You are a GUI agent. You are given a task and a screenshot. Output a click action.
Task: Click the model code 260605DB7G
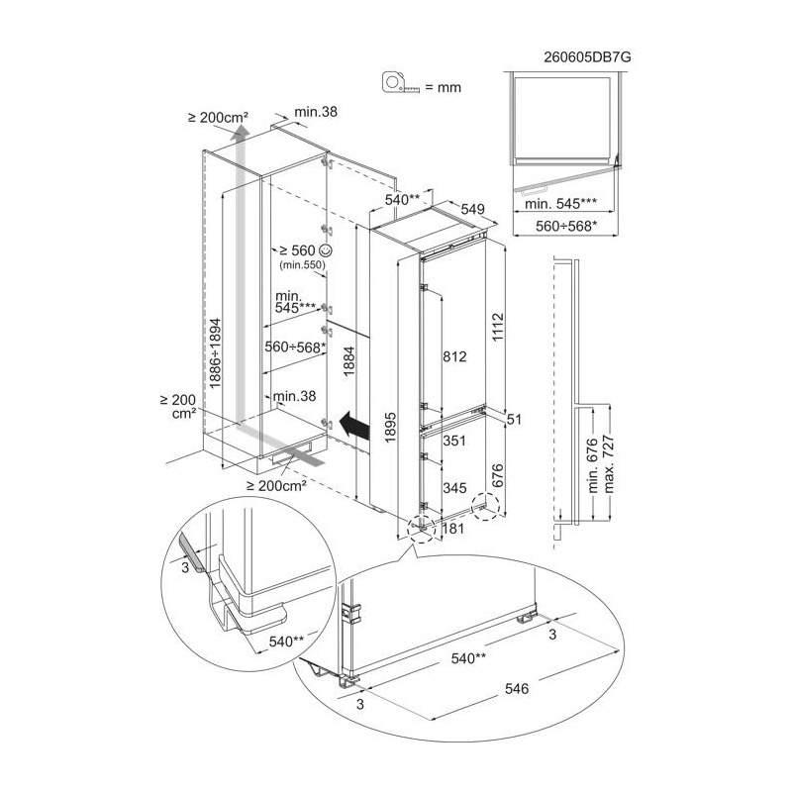pos(587,57)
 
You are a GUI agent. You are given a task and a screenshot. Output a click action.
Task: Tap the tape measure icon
pos(401,83)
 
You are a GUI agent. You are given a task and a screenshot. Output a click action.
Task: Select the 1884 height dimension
pos(349,361)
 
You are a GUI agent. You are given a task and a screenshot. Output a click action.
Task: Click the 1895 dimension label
pos(390,428)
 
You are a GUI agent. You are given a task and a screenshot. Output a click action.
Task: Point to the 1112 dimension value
pos(498,328)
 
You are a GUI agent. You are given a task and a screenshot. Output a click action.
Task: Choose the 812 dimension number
pos(454,356)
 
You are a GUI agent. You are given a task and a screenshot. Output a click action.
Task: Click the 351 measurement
pos(454,441)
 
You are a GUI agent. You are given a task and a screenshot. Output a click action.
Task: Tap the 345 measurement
pos(454,488)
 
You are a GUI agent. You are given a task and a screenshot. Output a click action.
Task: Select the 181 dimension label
pos(452,529)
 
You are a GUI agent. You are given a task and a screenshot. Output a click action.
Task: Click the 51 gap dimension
pos(514,419)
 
